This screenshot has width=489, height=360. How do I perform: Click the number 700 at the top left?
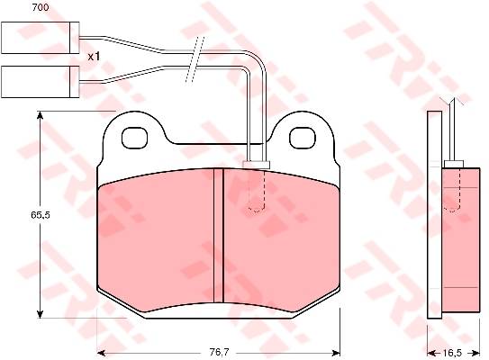41,7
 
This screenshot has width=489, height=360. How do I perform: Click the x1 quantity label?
94,57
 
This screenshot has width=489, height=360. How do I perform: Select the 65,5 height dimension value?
41,215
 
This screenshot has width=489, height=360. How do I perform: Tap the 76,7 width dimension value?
219,353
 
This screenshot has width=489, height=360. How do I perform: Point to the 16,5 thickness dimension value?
452,353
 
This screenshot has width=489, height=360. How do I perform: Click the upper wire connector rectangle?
41,38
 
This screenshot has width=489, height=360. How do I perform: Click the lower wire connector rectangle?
41,82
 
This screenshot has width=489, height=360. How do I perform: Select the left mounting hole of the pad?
134,138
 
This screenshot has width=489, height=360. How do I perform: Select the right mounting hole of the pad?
303,138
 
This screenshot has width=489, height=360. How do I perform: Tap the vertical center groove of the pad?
219,235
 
